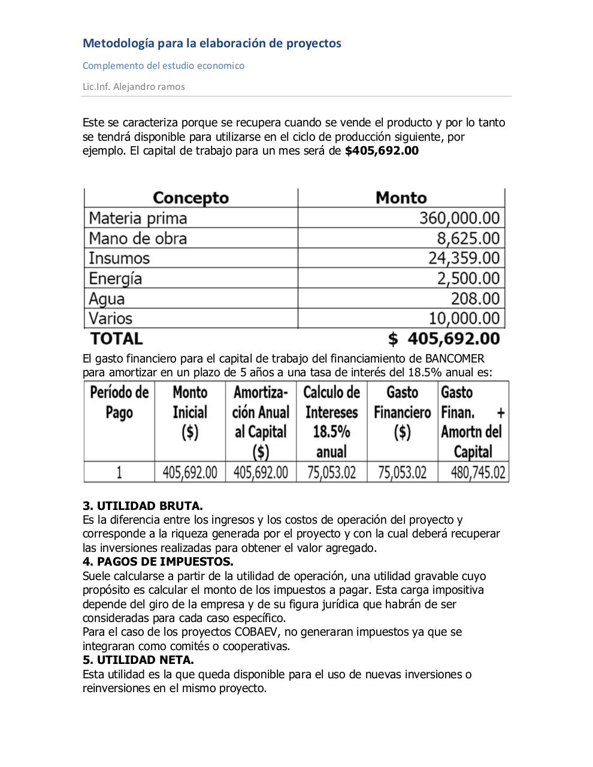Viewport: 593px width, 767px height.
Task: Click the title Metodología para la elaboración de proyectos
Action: [x=211, y=43]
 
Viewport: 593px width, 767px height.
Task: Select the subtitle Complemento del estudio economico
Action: [x=163, y=65]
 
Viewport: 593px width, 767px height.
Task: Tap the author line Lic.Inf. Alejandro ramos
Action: [x=134, y=86]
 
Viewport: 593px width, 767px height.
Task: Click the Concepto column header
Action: [x=190, y=198]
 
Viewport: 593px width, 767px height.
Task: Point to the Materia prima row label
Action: [x=138, y=218]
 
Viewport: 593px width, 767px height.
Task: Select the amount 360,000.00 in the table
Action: [x=459, y=218]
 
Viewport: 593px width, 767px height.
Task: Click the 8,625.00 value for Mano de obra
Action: [x=468, y=238]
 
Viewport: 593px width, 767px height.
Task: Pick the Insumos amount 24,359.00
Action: [x=463, y=258]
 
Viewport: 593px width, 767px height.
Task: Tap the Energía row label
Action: [x=116, y=279]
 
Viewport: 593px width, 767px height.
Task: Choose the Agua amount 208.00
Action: [x=475, y=298]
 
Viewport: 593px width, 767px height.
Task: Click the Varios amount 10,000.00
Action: [x=464, y=318]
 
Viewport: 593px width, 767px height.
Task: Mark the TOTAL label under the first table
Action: [x=116, y=339]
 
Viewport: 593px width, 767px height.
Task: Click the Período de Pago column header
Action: [x=119, y=403]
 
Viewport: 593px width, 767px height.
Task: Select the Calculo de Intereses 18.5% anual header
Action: [x=331, y=422]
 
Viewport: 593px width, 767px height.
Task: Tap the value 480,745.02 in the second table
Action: [x=478, y=472]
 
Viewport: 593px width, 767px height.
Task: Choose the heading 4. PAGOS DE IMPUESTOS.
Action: [x=158, y=562]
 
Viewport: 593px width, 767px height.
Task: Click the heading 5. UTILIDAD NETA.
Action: [x=138, y=660]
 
